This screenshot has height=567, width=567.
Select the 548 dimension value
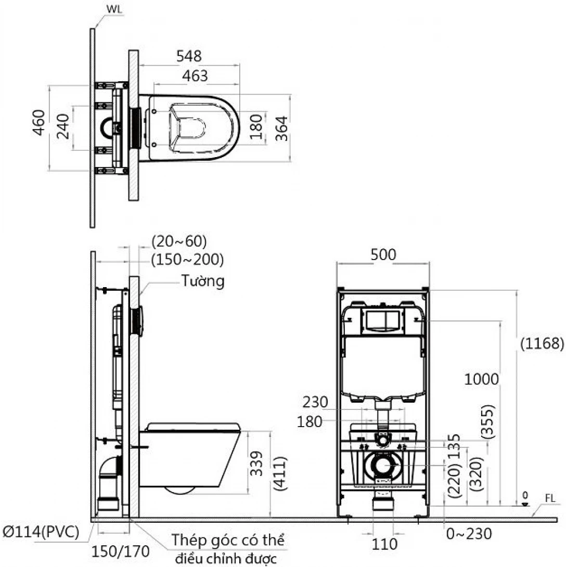[x=188, y=56]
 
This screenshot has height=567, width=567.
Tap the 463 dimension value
[x=195, y=76]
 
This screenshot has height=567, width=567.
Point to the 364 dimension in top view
[x=281, y=127]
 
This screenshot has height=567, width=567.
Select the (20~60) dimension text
[x=179, y=241]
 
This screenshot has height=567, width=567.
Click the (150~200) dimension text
[x=187, y=259]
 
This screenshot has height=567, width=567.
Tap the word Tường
[x=203, y=281]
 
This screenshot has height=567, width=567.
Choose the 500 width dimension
[x=383, y=254]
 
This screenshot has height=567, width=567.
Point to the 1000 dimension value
[x=482, y=379]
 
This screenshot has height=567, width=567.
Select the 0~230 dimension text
[x=469, y=533]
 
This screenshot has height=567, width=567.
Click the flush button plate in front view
[x=383, y=321]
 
